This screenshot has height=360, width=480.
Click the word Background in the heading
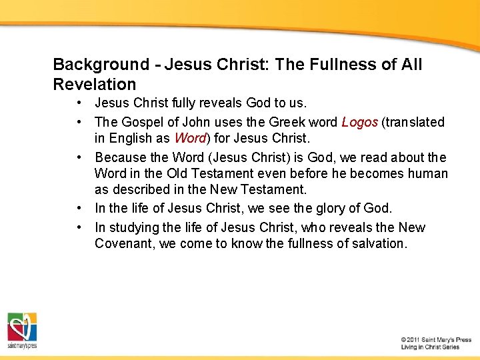[x=92, y=65]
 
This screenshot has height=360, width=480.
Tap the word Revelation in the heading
[x=94, y=85]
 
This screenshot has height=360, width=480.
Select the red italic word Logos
[x=359, y=122]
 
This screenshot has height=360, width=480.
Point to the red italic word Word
[x=189, y=138]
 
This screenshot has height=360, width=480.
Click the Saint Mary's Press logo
[x=22, y=331]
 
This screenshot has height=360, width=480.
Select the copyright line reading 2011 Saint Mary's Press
[x=436, y=340]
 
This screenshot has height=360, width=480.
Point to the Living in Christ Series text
[x=431, y=347]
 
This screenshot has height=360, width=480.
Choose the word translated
[x=414, y=122]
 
